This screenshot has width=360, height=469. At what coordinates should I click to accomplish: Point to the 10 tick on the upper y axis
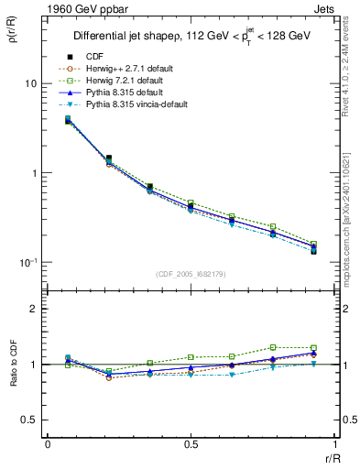point(29,83)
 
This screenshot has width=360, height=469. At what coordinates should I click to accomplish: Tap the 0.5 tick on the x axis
point(191,445)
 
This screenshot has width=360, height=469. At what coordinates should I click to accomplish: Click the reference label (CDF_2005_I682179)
point(191,274)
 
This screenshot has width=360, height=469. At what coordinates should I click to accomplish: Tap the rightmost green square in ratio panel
point(313,348)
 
